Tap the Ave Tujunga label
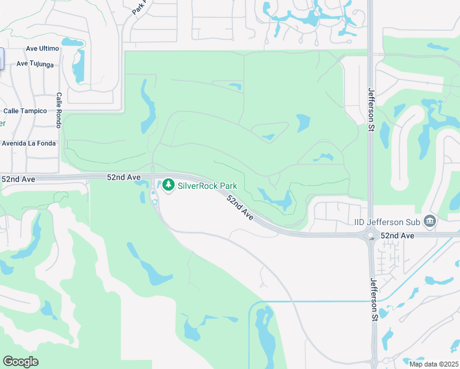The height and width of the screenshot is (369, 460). click(35, 63)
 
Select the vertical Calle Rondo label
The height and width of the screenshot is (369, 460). click(59, 111)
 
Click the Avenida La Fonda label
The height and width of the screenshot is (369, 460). click(28, 143)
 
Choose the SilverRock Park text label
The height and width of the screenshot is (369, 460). click(208, 184)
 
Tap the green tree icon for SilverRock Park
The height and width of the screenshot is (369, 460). click(168, 184)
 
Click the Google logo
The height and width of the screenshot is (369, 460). click(20, 362)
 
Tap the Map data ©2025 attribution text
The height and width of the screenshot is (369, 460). click(433, 363)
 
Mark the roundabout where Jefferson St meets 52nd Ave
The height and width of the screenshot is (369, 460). click(371, 234)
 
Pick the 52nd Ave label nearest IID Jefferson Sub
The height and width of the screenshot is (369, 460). click(399, 236)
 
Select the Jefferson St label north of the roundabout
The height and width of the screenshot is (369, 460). click(371, 107)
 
